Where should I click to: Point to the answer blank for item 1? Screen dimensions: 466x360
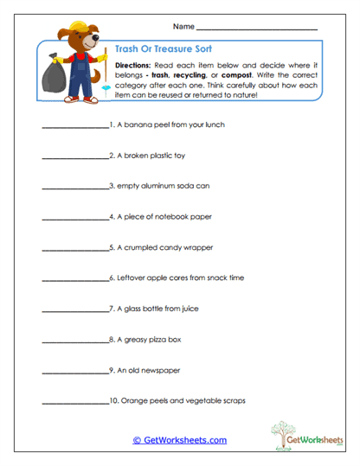pos(74,126)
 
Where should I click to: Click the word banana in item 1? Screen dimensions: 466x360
pos(138,124)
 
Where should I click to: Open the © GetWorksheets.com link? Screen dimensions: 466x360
pos(179,440)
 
